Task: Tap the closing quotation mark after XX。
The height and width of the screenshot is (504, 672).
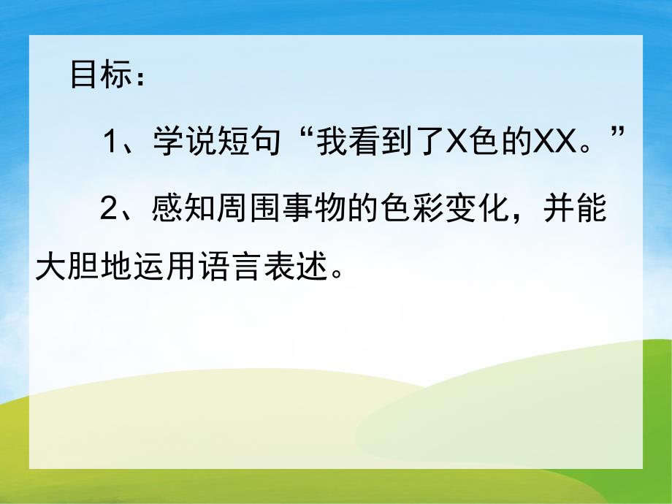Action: (x=619, y=134)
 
